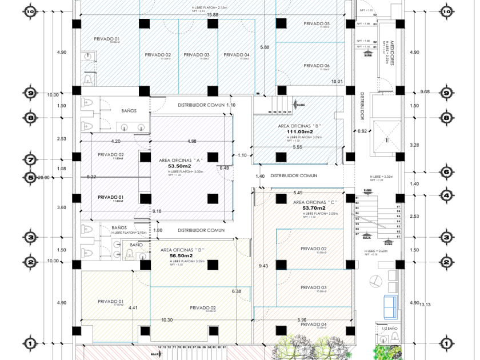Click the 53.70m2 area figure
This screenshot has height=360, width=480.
point(313,209)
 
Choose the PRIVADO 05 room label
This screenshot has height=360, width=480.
point(317,23)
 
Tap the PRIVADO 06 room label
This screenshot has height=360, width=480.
point(317,66)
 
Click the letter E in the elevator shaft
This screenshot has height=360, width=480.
point(387,141)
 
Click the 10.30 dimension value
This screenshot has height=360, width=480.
point(167,320)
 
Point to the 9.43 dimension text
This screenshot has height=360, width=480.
point(263,266)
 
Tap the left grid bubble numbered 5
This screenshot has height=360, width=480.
point(30,177)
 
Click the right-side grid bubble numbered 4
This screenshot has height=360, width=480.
point(446,195)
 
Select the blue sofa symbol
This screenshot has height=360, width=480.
point(390,306)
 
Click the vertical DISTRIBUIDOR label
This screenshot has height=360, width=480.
point(362,107)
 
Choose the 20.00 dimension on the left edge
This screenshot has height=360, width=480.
point(43,177)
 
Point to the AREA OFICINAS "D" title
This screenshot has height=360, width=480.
point(182,250)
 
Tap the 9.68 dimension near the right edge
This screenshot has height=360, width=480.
point(424,91)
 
